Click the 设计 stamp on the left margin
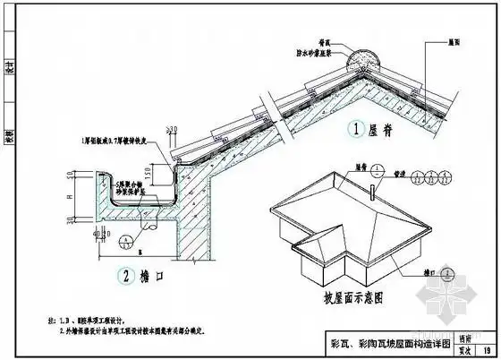(9, 64)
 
